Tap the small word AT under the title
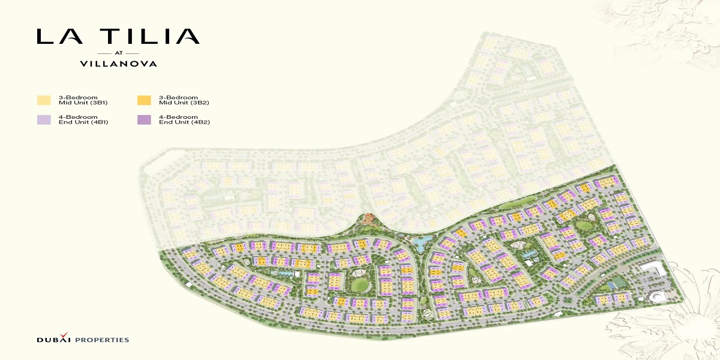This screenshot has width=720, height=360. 118,52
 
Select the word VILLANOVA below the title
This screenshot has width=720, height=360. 118,63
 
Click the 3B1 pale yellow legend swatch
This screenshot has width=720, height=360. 44,100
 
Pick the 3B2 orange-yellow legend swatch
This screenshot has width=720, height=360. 144,100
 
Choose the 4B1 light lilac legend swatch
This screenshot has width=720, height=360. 44,119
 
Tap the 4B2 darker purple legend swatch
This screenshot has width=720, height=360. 144,119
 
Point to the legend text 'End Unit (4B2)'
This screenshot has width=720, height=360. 184,122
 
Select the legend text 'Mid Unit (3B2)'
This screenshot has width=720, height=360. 184,103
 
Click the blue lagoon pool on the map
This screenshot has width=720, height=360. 423,242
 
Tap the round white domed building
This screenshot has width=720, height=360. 657,295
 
